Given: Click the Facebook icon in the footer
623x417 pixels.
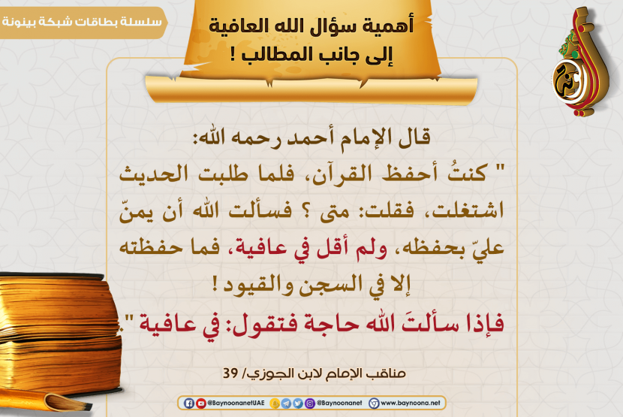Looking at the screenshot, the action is (x=188, y=403).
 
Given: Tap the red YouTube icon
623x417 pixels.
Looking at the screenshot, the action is (x=201, y=403).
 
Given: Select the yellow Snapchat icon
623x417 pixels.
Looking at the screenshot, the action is (x=275, y=403).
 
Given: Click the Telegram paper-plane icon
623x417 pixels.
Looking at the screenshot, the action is (x=286, y=403).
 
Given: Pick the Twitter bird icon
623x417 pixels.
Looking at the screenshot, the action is (x=298, y=403).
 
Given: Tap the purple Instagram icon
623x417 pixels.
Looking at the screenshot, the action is (x=310, y=403).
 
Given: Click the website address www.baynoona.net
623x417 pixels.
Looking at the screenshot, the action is (x=411, y=403).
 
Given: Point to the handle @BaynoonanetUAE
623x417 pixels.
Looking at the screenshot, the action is (x=236, y=403).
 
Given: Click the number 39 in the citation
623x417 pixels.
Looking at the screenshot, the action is (x=230, y=373).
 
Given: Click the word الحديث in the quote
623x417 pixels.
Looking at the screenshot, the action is (x=154, y=174).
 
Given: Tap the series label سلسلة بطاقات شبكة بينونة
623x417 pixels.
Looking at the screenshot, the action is (x=83, y=22).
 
